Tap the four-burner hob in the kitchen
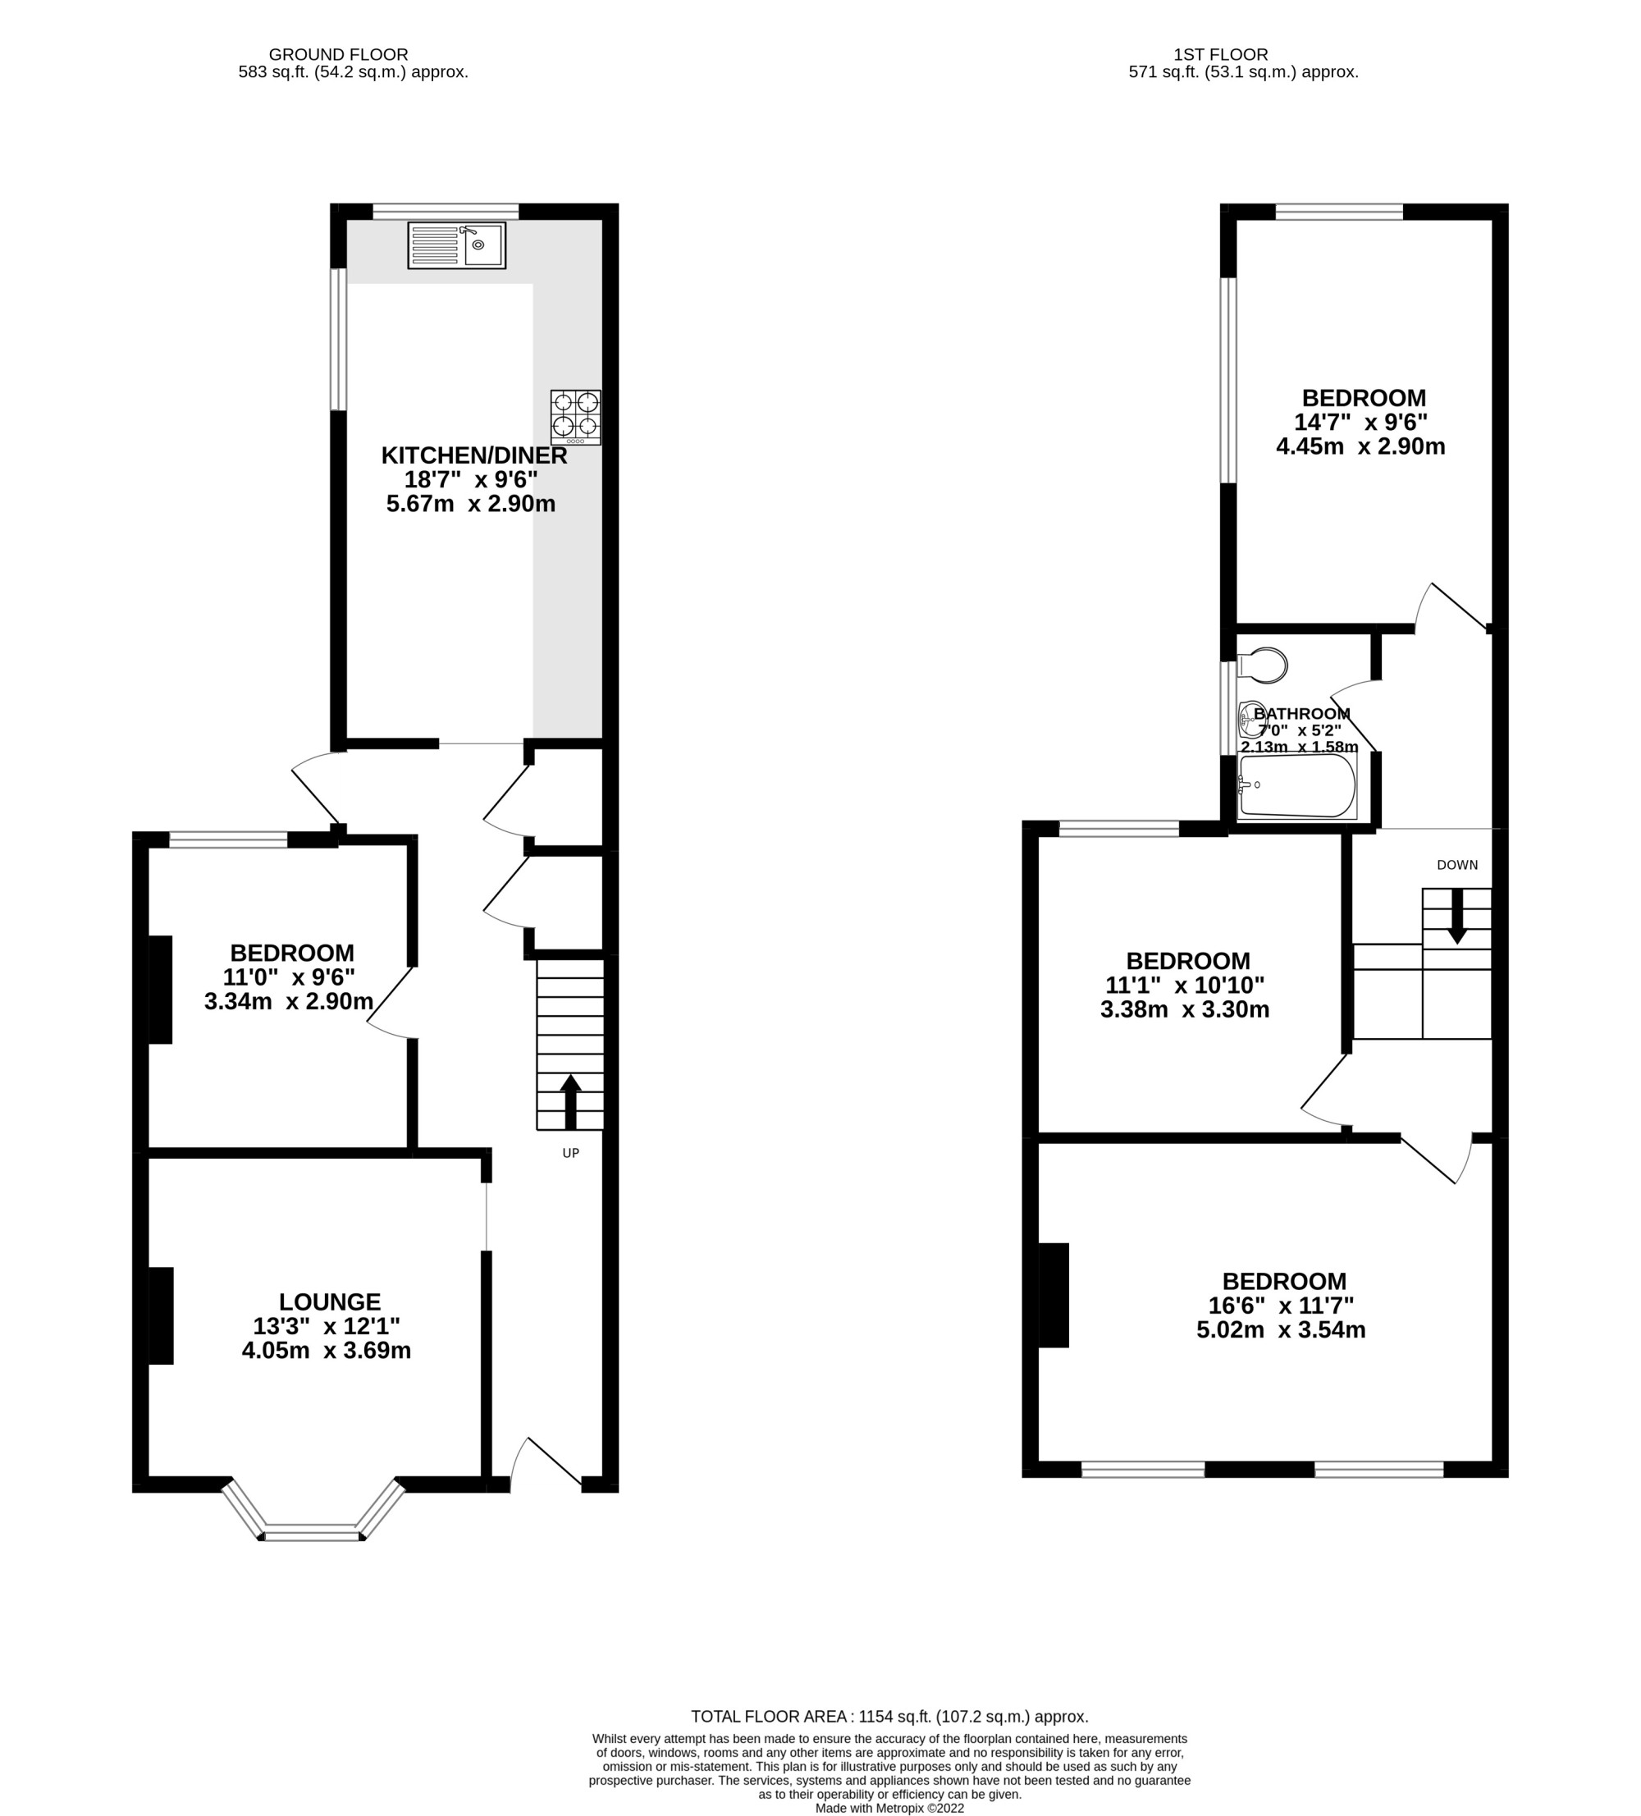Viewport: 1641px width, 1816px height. click(575, 417)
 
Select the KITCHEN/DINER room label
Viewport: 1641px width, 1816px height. click(473, 455)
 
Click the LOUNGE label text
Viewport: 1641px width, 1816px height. click(330, 1301)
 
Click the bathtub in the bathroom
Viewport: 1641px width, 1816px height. click(1297, 785)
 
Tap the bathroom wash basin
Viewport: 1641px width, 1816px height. click(1252, 717)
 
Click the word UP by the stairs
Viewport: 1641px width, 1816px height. click(570, 1153)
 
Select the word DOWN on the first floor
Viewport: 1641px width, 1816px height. click(1457, 865)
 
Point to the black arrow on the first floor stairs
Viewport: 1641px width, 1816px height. click(1456, 916)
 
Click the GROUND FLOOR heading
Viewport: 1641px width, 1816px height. click(339, 55)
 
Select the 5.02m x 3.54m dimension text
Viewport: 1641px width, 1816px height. click(1281, 1329)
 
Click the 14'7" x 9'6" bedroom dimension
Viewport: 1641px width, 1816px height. click(1361, 422)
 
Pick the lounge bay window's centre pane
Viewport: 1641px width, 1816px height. click(312, 1531)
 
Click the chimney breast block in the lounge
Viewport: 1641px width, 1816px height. click(161, 1315)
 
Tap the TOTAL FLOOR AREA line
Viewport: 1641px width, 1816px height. click(890, 1716)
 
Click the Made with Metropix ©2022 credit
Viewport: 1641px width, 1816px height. click(890, 1807)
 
